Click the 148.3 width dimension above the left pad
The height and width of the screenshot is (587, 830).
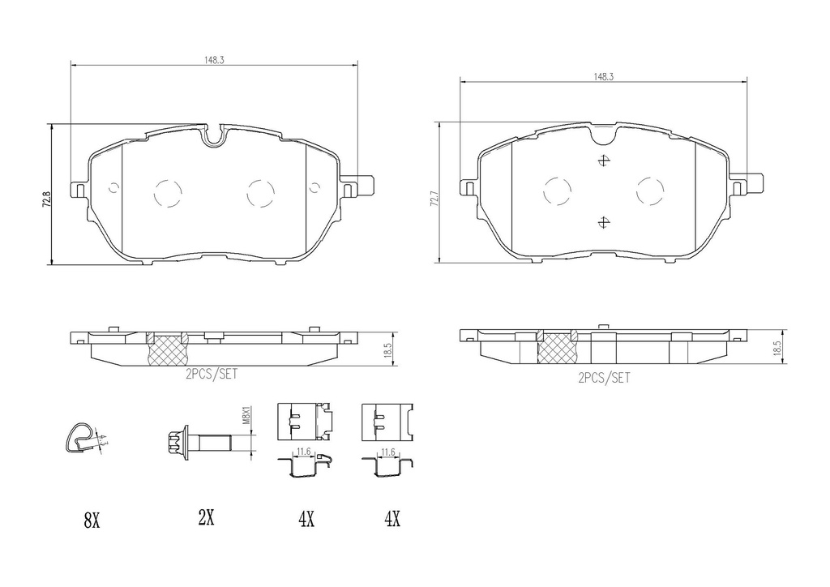(215, 58)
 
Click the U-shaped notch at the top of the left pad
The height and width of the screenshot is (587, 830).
(215, 135)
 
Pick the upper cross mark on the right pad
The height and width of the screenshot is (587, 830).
(601, 160)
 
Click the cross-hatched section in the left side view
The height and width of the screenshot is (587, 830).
(166, 348)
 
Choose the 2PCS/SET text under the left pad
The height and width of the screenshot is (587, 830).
(212, 375)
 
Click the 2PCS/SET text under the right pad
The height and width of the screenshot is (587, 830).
(604, 377)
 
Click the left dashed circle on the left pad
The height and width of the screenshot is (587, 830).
(168, 192)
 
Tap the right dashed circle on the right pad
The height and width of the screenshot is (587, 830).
(651, 191)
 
